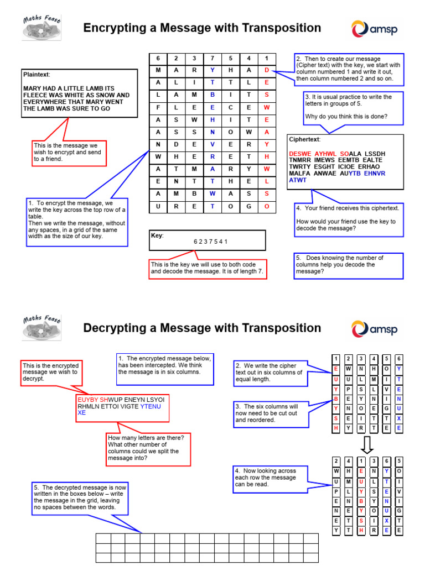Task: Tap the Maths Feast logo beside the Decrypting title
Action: pos(42,328)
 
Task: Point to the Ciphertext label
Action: pos(304,139)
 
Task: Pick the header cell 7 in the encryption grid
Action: pos(212,58)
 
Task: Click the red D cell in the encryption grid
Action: pos(267,70)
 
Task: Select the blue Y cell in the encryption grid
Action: pos(212,70)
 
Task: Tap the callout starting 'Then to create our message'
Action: pos(348,69)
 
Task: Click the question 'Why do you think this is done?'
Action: pos(346,117)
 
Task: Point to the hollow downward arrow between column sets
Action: pos(367,444)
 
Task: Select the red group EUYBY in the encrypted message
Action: pos(88,399)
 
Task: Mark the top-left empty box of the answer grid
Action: pos(103,539)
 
